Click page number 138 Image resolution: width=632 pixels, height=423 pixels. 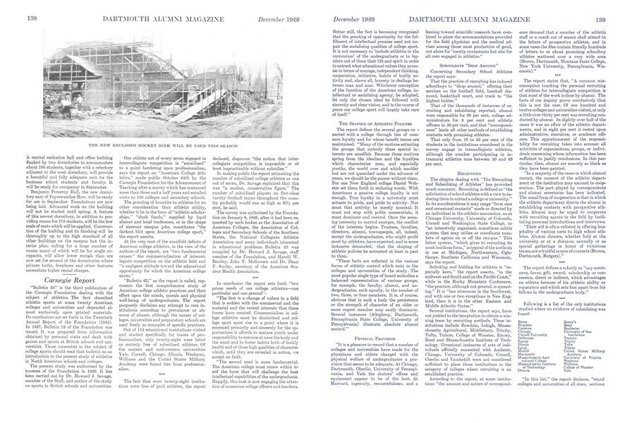tap(12, 8)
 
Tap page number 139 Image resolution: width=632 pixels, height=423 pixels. tap(619, 8)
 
